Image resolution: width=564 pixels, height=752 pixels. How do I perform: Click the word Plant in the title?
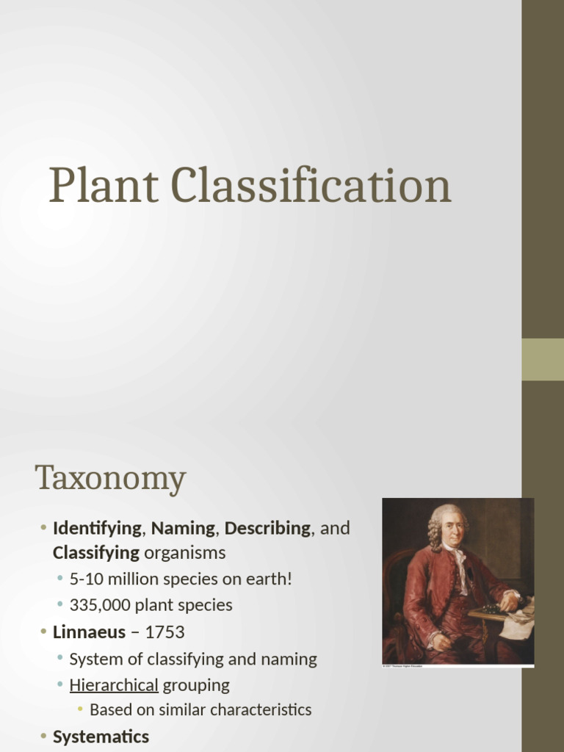103,187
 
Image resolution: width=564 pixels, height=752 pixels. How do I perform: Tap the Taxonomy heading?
110,480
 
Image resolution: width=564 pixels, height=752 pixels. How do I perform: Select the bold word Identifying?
97,528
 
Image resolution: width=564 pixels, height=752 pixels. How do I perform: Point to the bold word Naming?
183,528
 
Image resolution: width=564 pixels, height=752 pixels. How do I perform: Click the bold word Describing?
267,528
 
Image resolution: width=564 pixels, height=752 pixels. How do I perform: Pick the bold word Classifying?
95,552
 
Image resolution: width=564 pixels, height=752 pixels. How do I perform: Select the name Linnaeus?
89,632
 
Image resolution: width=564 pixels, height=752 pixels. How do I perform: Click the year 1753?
165,632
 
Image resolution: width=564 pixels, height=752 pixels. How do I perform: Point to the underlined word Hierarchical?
114,685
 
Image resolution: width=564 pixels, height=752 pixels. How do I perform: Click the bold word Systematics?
101,737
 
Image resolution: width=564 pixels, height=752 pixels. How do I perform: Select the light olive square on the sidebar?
543,359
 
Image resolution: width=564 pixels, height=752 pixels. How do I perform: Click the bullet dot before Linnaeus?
43,632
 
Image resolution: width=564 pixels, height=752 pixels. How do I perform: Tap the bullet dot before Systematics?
43,737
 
